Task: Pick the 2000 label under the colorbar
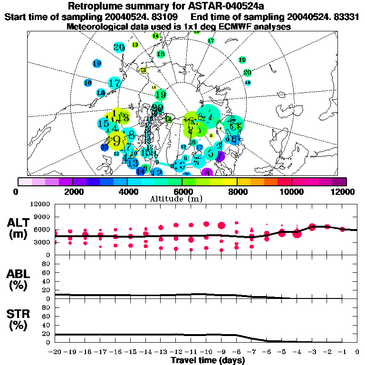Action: (72, 192)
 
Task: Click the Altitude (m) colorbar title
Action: (182, 199)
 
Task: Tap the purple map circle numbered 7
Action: (220, 156)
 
